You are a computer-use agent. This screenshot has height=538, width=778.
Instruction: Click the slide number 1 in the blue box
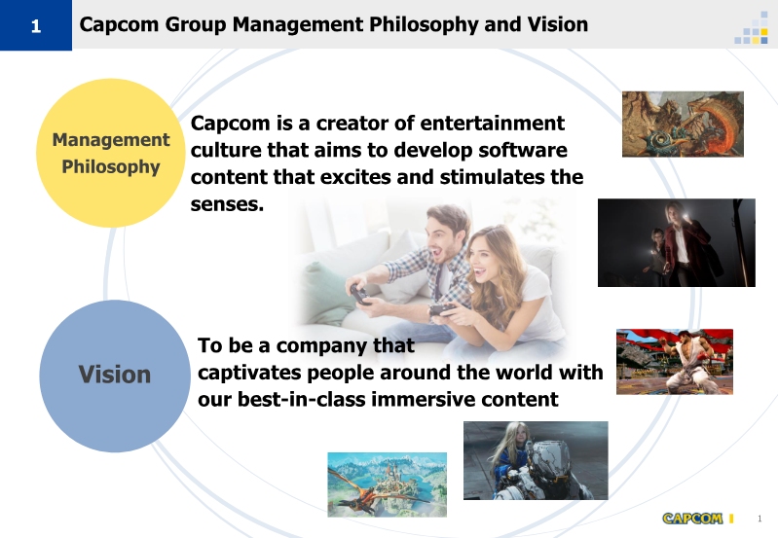pos(36,26)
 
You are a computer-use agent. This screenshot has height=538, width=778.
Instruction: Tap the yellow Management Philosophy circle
pos(111,153)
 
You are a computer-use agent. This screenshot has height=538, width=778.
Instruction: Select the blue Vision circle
pos(115,376)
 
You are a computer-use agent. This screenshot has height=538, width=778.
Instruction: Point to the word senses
pos(227,203)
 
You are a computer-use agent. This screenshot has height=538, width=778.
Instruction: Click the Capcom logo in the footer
pos(692,519)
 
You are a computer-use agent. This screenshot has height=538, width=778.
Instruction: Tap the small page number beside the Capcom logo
pos(759,519)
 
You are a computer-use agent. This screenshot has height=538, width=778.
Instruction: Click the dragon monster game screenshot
pos(683,124)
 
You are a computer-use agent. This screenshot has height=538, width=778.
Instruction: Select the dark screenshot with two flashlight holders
pos(677,242)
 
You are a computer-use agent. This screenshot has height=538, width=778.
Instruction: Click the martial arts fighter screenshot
pos(675,362)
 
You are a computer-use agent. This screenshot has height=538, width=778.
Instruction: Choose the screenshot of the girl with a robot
pos(536,460)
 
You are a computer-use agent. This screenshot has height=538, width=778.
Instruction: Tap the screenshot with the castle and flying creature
pos(387,484)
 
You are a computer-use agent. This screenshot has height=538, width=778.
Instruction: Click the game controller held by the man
pos(359,293)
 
